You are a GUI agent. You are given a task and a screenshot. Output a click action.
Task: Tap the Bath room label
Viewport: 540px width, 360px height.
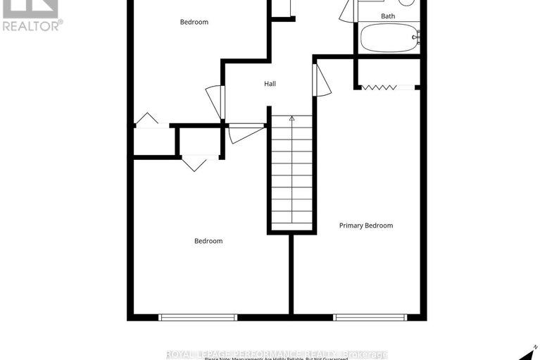(x=388, y=15)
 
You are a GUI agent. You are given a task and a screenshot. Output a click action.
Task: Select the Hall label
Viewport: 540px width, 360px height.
(x=270, y=84)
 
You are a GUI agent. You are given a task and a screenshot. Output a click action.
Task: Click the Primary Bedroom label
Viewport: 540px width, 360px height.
(x=365, y=225)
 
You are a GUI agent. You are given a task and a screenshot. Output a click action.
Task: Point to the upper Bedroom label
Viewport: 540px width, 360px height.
(x=194, y=22)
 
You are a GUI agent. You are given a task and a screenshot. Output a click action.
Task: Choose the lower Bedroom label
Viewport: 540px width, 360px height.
(x=208, y=241)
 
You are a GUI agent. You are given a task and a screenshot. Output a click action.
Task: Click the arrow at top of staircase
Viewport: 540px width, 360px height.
(x=291, y=119)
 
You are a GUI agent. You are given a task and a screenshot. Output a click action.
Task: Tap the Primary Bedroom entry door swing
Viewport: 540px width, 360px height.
(x=322, y=80)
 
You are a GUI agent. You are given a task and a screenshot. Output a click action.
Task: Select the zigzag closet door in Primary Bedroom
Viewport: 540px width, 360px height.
(x=379, y=87)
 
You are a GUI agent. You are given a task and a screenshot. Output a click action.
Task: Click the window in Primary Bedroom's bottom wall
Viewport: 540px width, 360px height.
(x=370, y=317)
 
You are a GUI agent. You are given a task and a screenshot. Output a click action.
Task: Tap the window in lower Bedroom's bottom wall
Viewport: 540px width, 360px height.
(x=196, y=317)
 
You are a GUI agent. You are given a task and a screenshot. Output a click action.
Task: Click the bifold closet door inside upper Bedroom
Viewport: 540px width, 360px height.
(x=147, y=120)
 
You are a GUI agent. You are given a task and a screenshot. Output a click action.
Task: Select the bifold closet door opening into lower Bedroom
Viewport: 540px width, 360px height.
(x=194, y=163)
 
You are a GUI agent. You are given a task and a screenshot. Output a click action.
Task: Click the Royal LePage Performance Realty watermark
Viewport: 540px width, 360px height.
(x=277, y=354)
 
